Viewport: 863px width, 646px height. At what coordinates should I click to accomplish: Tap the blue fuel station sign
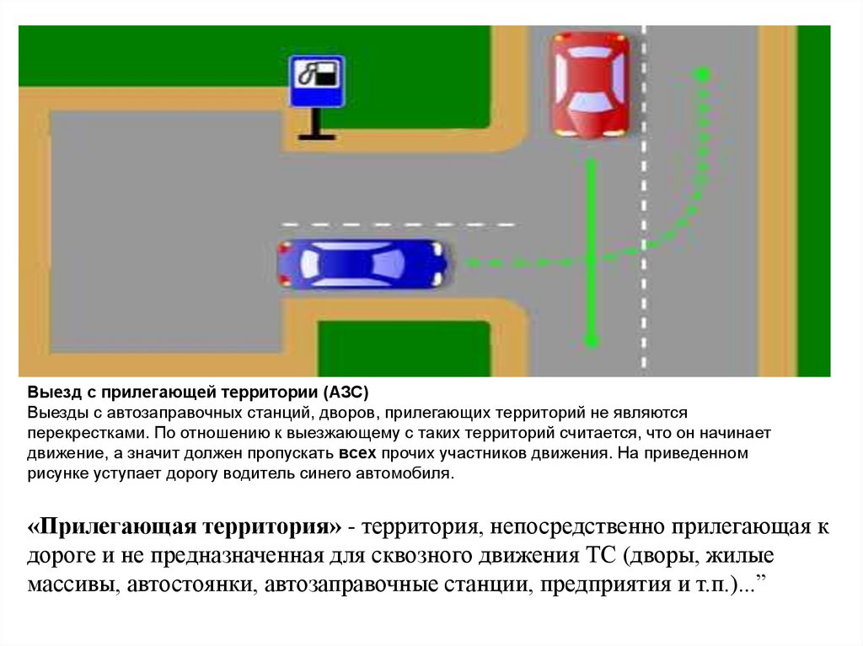(317, 82)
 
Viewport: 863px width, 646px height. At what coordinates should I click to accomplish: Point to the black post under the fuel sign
(317, 123)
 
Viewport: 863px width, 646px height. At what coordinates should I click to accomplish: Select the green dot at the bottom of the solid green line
(592, 341)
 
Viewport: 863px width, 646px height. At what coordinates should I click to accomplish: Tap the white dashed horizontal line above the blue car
(397, 225)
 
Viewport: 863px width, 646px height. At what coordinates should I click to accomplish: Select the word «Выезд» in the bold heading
(49, 392)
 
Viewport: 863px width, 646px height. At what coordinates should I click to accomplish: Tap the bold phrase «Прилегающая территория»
(185, 527)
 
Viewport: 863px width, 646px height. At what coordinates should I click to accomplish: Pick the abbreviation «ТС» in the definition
(598, 556)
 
